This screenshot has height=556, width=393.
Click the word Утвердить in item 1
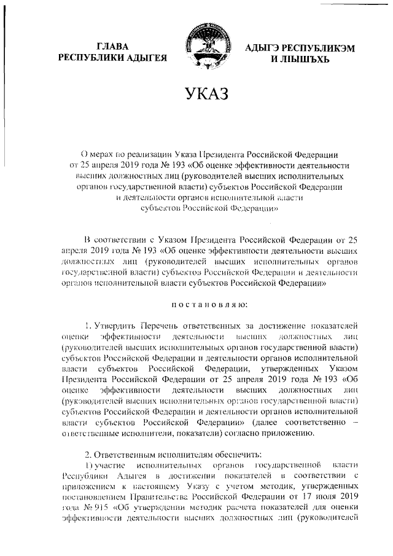[x=115, y=324]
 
